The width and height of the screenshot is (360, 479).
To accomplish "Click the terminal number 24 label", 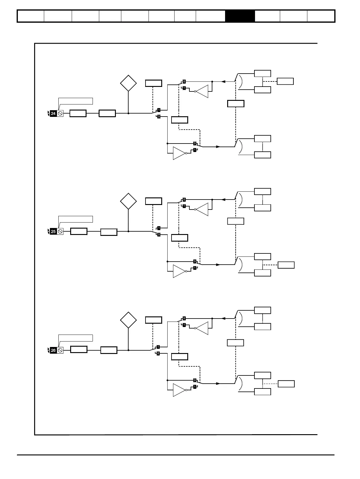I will pyautogui.click(x=53, y=114).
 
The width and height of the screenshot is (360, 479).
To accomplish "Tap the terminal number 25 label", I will pyautogui.click(x=53, y=232).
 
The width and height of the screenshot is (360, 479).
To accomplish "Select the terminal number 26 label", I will pyautogui.click(x=53, y=350).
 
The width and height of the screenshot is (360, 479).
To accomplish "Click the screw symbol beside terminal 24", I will pyautogui.click(x=60, y=114).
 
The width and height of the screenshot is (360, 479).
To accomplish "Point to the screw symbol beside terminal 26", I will pyautogui.click(x=60, y=350).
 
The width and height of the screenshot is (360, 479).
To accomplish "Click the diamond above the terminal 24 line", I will pyautogui.click(x=128, y=83).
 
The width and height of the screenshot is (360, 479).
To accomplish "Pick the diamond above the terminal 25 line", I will pyautogui.click(x=128, y=201).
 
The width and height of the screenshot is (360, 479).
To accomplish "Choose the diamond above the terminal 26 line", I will pyautogui.click(x=128, y=320).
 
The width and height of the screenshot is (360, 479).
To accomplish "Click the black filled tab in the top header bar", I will pyautogui.click(x=240, y=16).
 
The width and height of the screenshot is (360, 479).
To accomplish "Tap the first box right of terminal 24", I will pyautogui.click(x=78, y=114).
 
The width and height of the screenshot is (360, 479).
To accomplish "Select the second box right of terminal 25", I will pyautogui.click(x=109, y=232).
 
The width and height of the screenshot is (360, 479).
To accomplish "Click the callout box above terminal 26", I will pyautogui.click(x=76, y=338).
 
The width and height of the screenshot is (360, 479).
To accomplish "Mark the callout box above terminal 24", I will pyautogui.click(x=76, y=101).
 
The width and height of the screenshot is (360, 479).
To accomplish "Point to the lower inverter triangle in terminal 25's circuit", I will pyautogui.click(x=179, y=271).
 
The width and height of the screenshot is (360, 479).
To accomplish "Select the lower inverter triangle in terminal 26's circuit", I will pyautogui.click(x=179, y=390).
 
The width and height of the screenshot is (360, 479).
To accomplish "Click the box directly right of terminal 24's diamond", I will pyautogui.click(x=153, y=83).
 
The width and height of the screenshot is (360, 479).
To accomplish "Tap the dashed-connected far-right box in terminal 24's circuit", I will pyautogui.click(x=285, y=81).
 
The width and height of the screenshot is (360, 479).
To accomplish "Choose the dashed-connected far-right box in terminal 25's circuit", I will pyautogui.click(x=286, y=265).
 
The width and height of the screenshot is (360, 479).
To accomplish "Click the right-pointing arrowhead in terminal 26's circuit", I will pyautogui.click(x=218, y=383).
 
